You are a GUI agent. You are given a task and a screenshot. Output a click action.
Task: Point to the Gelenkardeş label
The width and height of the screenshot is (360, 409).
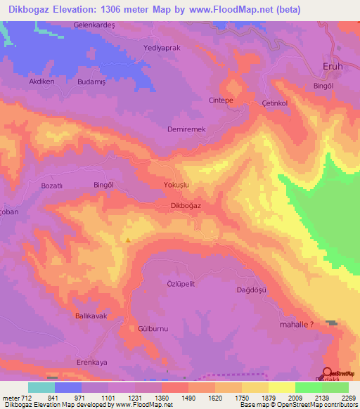94,25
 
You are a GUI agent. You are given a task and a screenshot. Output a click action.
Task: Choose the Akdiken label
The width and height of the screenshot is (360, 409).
41,82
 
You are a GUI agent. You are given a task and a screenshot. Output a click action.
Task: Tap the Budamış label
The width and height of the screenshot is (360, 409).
91,82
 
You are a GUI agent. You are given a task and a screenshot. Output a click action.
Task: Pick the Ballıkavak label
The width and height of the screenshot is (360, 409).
91,316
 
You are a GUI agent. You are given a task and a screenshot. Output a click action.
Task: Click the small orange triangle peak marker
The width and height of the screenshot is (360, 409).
128,240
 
